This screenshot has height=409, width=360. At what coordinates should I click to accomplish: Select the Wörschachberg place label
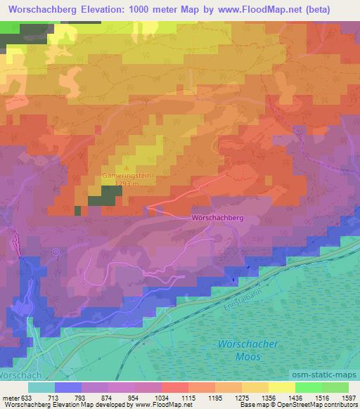217,218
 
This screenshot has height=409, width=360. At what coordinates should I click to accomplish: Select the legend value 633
26,397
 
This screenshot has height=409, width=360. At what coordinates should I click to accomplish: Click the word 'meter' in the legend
9,397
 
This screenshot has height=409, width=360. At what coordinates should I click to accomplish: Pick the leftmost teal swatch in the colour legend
41,387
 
